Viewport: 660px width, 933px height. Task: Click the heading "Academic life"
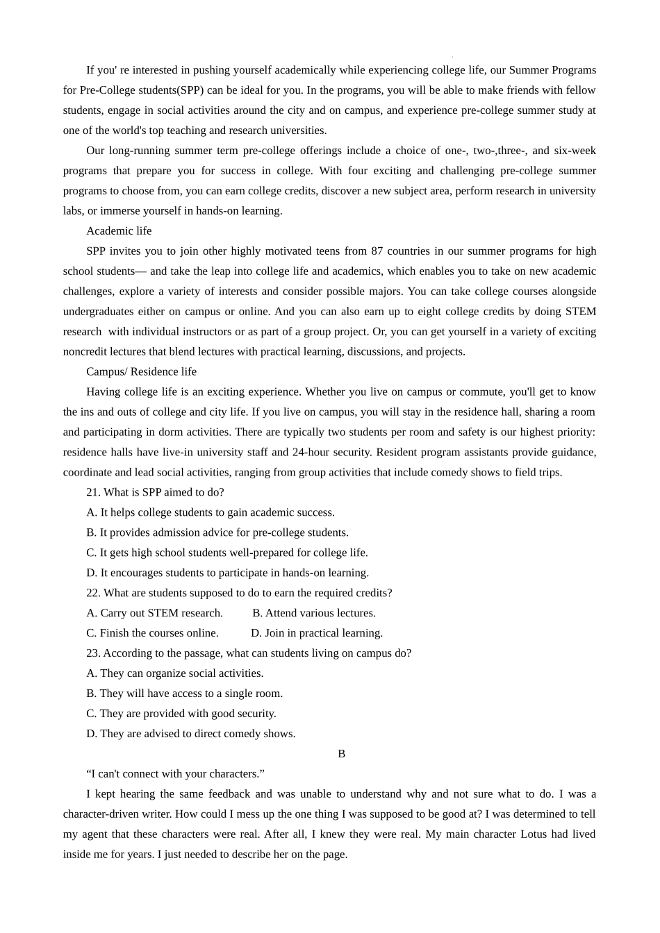click(119, 231)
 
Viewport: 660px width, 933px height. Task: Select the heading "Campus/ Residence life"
click(141, 372)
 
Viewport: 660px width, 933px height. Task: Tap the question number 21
click(93, 493)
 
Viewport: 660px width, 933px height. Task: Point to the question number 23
click(93, 654)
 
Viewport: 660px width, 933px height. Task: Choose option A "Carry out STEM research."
click(154, 614)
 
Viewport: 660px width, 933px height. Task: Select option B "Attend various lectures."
click(313, 614)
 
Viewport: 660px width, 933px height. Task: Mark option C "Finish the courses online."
click(152, 634)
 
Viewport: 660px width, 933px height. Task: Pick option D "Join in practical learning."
click(316, 634)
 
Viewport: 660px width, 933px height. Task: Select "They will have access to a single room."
click(184, 694)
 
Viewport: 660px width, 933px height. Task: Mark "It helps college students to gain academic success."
click(210, 513)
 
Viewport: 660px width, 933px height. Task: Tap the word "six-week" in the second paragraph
click(575, 151)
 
